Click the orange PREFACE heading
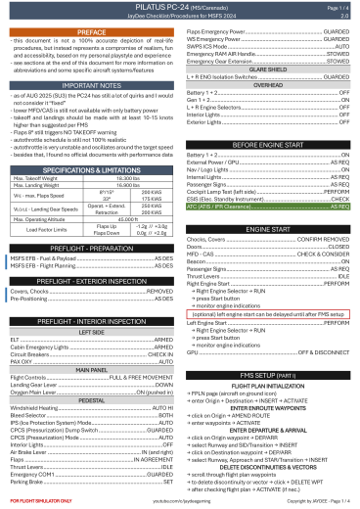(x=91, y=32)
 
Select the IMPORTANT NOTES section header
(x=91, y=85)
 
